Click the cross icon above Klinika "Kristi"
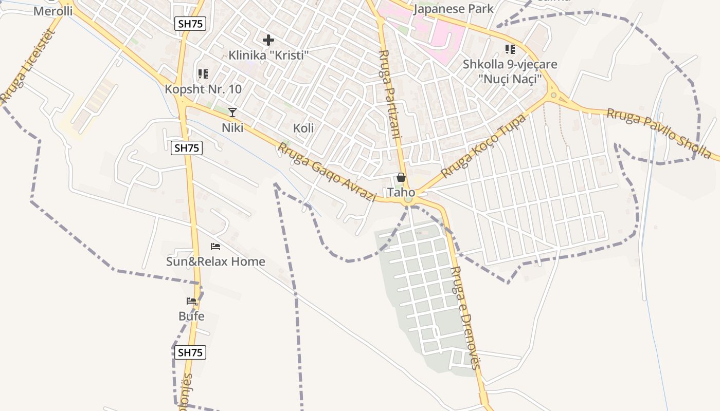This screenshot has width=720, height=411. point(268,40)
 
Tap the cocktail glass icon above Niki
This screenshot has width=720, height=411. point(232,112)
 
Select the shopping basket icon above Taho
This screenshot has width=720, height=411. point(401,178)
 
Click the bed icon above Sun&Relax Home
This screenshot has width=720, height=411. point(215,247)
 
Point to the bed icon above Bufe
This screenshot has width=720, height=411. point(191,301)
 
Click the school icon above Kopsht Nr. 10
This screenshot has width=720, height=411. point(203,74)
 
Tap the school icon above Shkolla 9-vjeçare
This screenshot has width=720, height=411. point(510,49)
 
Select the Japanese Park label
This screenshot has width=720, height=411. point(453,9)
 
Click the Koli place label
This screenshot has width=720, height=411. point(303,128)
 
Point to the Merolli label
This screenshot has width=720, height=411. point(53,11)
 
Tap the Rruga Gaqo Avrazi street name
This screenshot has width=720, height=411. point(327,172)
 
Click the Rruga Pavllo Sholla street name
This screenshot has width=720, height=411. point(659,133)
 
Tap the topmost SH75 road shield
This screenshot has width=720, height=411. point(190,24)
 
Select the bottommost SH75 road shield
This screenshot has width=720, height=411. point(190,352)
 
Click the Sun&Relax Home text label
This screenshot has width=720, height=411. point(215,261)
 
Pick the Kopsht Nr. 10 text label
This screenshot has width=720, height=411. point(203,89)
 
